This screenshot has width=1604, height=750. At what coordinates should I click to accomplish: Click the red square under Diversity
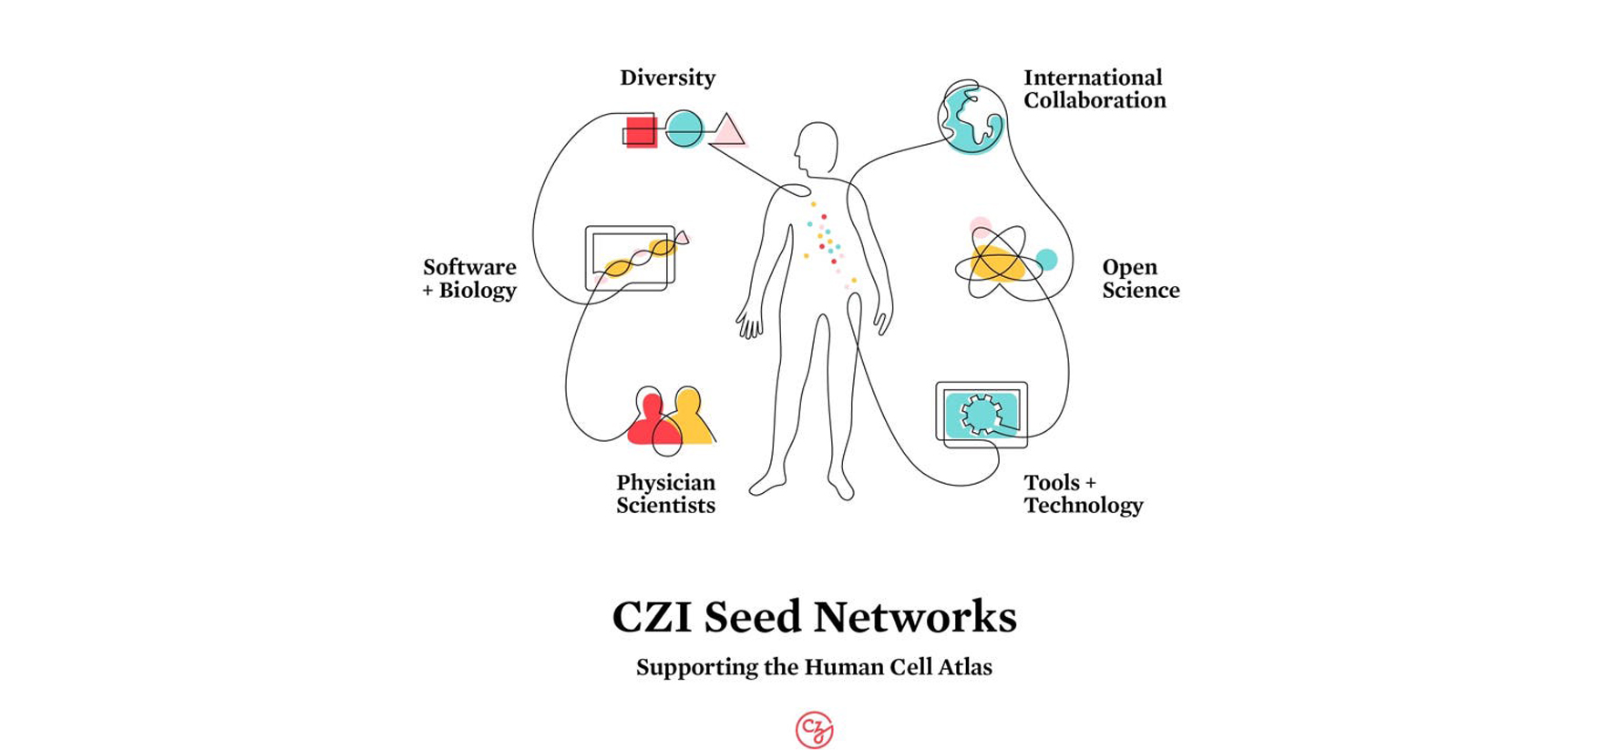(641, 131)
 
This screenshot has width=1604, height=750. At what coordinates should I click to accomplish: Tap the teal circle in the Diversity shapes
(684, 129)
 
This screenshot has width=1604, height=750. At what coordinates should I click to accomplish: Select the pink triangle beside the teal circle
(728, 132)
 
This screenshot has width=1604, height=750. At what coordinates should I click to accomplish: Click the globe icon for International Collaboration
(972, 119)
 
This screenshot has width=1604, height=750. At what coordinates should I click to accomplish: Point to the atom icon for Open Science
(999, 263)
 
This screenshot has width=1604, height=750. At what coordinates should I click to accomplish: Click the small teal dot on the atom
(1047, 260)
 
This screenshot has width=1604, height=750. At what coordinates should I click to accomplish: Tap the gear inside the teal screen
(982, 414)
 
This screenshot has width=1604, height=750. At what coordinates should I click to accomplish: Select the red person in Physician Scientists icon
(651, 421)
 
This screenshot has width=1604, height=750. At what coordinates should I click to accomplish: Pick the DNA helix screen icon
(632, 258)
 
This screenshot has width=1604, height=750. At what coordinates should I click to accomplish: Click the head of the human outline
(817, 148)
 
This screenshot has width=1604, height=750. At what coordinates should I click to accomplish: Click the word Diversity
(667, 78)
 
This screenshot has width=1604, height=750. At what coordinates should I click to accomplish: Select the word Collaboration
(1095, 101)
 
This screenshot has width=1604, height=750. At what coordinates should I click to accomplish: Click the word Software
(469, 268)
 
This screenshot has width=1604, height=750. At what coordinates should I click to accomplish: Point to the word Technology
(1083, 506)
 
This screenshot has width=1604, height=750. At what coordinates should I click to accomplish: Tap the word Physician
(665, 483)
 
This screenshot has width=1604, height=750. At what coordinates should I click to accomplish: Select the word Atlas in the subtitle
(965, 667)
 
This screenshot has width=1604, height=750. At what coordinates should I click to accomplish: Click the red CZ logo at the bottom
(814, 730)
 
